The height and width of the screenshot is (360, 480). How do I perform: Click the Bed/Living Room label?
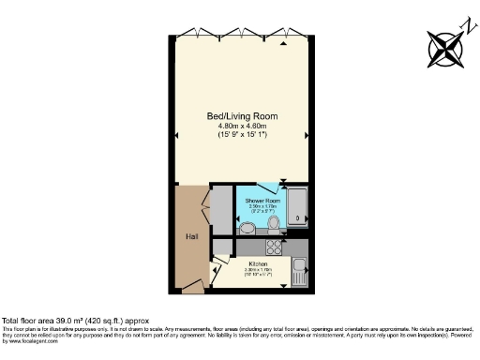242,116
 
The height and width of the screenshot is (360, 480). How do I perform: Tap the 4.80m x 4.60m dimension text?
242,127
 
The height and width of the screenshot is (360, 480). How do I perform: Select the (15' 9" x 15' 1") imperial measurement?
242,137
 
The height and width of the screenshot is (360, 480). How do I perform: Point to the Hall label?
191,236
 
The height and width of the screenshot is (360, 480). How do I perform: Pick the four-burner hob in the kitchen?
276,248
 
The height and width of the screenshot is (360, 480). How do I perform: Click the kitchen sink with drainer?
300,273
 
